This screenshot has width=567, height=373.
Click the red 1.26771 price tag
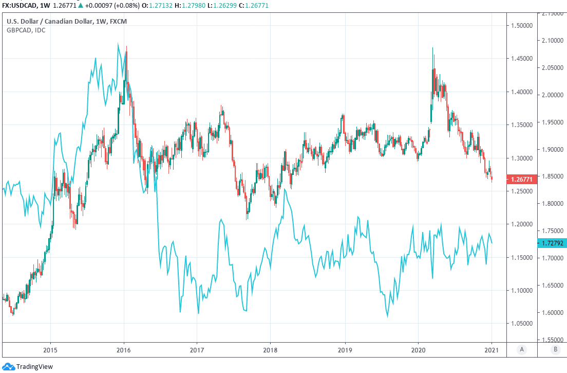coord(521,180)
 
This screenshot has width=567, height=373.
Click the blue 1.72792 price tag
coord(552,242)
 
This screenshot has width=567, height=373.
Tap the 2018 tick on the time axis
coord(271,350)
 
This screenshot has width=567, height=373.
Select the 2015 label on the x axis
coord(50,350)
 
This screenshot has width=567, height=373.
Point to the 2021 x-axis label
coord(492,350)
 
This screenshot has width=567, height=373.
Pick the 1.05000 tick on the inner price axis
coord(521,324)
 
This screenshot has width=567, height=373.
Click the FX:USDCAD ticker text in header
coord(19,5)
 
